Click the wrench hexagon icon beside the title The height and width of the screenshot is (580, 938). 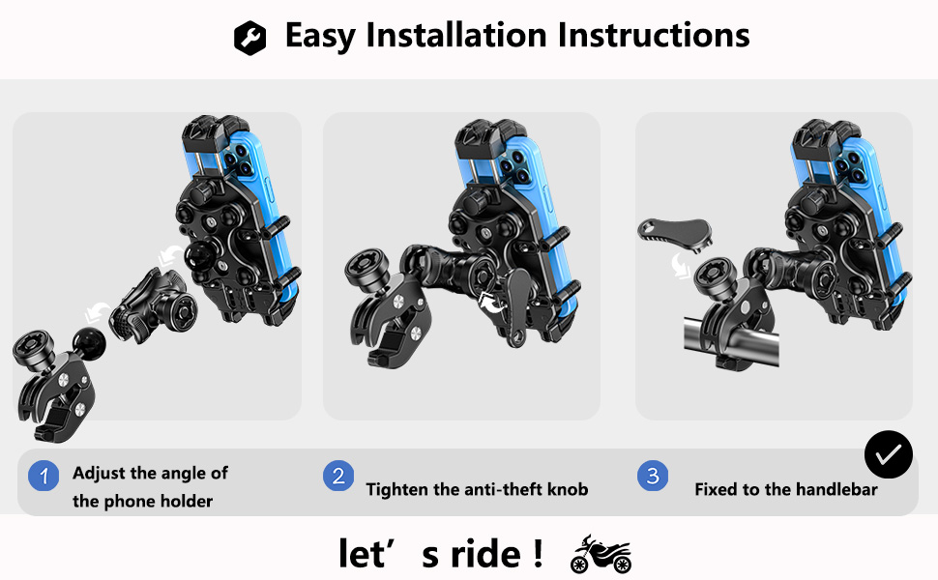249,38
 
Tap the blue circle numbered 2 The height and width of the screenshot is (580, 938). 337,477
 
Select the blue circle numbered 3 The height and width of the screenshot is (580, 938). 653,477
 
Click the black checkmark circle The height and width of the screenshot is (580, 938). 888,453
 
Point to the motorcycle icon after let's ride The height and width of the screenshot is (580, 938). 601,555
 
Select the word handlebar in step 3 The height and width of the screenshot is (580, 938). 835,489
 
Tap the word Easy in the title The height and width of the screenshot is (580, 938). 321,36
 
